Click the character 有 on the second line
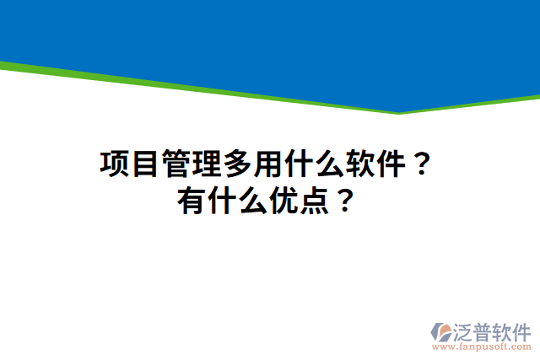coord(192,201)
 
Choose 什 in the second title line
coord(222,201)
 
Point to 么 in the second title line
coord(252,201)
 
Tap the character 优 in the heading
coord(283,201)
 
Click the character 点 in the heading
coord(313,201)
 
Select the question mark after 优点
coord(343,201)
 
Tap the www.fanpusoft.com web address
coord(482,347)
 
